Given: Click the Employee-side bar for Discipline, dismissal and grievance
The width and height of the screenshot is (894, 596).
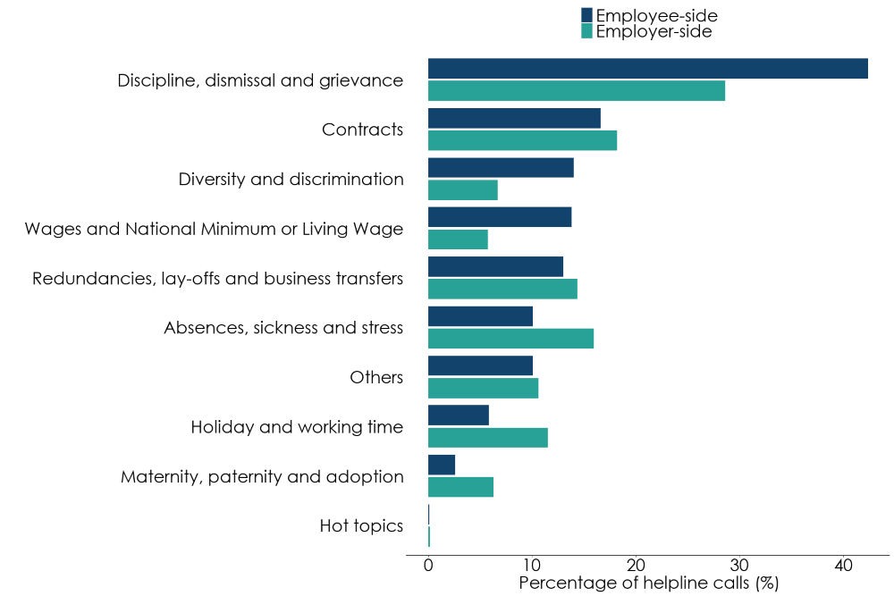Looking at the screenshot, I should [x=647, y=69].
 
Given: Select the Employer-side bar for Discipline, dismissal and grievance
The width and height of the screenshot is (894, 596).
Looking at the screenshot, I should [x=576, y=91].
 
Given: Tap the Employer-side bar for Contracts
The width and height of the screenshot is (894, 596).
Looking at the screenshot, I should [x=522, y=140].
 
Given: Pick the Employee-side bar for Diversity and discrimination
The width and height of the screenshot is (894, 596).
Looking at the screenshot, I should [x=501, y=168].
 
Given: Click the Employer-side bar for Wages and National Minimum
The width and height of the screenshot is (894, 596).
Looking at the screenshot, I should [x=458, y=239].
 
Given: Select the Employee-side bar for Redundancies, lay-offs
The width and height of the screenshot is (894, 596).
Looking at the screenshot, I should [x=495, y=267].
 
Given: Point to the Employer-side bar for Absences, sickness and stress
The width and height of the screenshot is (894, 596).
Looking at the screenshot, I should [x=510, y=339].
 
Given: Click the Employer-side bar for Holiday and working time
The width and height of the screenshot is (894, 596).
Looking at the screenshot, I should [x=487, y=438].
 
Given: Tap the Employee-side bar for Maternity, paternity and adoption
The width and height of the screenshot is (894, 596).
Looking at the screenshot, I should [x=442, y=465].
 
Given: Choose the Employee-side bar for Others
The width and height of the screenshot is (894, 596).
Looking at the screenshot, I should [x=480, y=366].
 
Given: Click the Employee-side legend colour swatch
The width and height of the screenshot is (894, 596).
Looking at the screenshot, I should [x=586, y=15].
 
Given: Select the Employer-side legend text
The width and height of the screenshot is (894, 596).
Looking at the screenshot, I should [x=654, y=32].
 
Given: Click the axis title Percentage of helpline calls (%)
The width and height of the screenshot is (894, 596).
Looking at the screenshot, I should [x=649, y=583].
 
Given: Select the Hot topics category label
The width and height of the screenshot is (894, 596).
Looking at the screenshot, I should [x=361, y=526].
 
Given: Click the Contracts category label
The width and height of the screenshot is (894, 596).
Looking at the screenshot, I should [x=362, y=130].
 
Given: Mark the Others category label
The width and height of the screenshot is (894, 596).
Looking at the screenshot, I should [x=376, y=377].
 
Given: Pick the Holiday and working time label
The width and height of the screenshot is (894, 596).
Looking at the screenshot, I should [x=297, y=427].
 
